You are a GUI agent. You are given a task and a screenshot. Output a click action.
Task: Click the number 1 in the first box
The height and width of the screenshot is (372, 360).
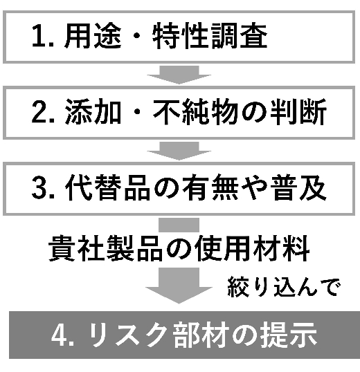(39, 37)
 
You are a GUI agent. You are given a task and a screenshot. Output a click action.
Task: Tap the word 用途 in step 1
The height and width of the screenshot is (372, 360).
(93, 36)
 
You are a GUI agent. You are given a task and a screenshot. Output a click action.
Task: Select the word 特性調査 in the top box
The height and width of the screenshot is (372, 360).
(210, 36)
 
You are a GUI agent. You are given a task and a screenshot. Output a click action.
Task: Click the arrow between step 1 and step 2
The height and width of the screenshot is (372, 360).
(179, 75)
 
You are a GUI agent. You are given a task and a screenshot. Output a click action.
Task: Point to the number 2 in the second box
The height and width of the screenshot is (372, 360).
(39, 111)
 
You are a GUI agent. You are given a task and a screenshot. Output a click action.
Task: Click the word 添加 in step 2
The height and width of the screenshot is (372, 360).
(93, 111)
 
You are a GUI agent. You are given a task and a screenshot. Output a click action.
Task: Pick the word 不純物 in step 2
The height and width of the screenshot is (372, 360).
(195, 111)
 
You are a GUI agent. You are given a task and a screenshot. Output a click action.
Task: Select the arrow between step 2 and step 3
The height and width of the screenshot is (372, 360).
(179, 151)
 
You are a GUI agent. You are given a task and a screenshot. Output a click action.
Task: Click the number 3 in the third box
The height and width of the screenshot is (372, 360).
(39, 187)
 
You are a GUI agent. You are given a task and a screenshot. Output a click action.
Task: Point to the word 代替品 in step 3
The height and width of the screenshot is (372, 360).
(107, 187)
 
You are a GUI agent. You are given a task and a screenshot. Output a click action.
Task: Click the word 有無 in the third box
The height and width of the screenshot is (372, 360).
(210, 187)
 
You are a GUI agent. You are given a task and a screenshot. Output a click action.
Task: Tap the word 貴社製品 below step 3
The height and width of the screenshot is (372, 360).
(105, 248)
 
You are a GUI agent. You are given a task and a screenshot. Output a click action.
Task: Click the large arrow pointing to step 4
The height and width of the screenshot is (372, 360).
(179, 286)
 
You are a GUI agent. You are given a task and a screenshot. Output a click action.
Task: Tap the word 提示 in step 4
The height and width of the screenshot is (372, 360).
(289, 335)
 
